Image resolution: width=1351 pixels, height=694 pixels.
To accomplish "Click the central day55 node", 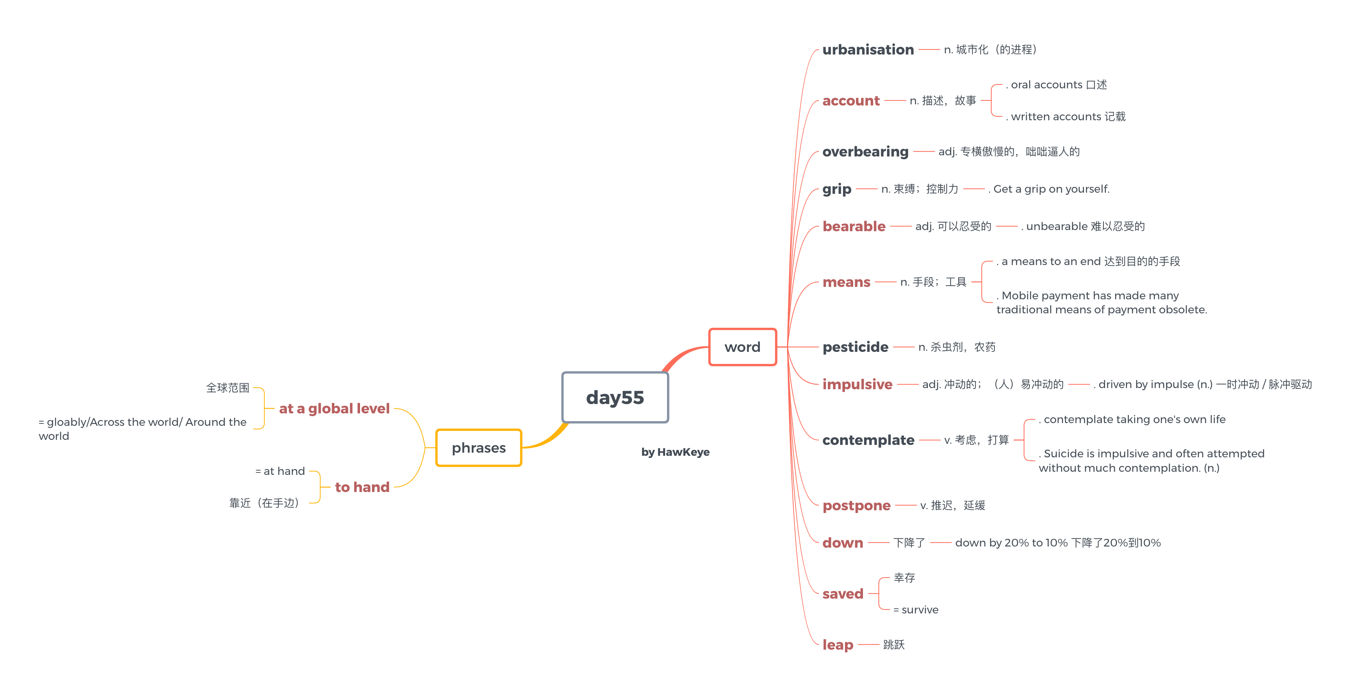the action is pos(615,397).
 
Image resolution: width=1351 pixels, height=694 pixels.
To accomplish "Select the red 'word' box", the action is pos(742,347).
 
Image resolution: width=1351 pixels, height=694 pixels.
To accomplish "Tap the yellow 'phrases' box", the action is pos(478,448).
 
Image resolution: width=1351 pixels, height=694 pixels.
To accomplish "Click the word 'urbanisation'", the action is pos(868,49).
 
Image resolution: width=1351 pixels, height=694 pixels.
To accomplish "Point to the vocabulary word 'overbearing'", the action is pos(865,151).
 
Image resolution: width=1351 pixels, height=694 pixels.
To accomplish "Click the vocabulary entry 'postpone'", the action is pos(856,505).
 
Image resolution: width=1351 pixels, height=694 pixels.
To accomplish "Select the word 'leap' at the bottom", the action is pos(838,644).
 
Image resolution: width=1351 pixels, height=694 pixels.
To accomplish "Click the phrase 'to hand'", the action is pos(362,487).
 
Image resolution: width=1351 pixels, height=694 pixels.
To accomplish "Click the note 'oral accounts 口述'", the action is pos(1058,84).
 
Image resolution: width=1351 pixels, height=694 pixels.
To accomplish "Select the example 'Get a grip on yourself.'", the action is pos(1051,189).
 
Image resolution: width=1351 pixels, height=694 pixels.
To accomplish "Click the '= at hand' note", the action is pos(280,471).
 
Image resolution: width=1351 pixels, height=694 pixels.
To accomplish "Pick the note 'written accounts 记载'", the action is pos(1067,116).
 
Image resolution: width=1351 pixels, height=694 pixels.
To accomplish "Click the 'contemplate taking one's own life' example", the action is pos(1133,419).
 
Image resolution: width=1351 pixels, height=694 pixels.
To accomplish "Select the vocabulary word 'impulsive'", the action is pos(857,384).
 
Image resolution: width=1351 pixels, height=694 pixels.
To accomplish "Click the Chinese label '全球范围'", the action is pos(228,388).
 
